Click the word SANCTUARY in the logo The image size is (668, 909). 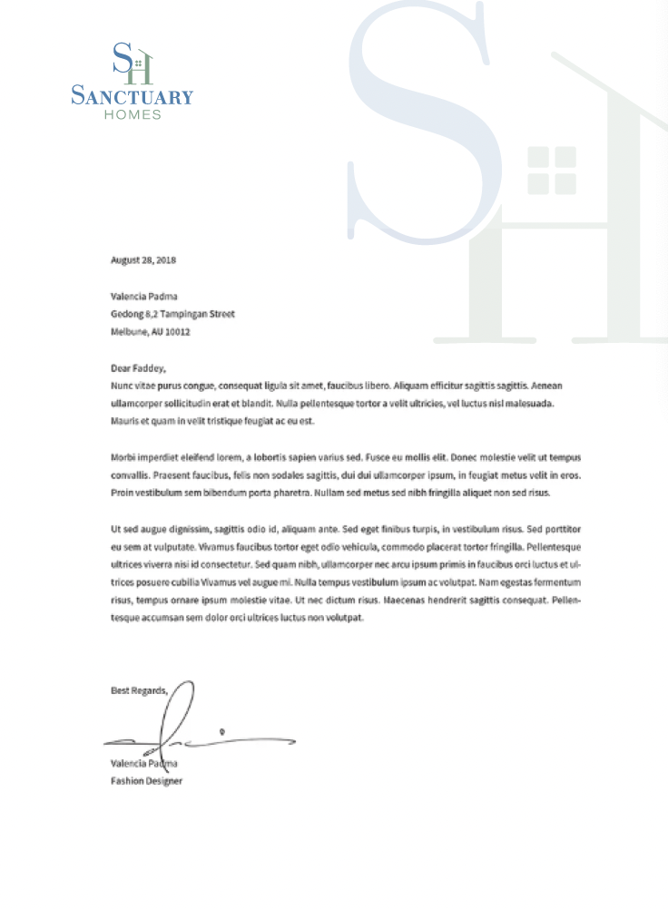pos(133,95)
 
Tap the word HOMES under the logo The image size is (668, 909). pos(133,115)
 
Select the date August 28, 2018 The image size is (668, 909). pos(143,260)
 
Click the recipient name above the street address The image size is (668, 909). pos(144,296)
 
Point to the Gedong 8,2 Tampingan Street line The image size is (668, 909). pos(172,314)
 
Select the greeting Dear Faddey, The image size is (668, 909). pos(138,368)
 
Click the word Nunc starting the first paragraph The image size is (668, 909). pos(122,386)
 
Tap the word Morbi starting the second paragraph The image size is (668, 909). pos(124,457)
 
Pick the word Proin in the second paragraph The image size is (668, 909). pos(123,493)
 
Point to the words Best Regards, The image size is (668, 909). pos(139,690)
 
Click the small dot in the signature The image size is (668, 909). pos(222,728)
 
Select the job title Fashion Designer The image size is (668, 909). pos(146,780)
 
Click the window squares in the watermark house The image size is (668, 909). pos(552,170)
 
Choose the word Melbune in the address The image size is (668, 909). pos(128,332)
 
